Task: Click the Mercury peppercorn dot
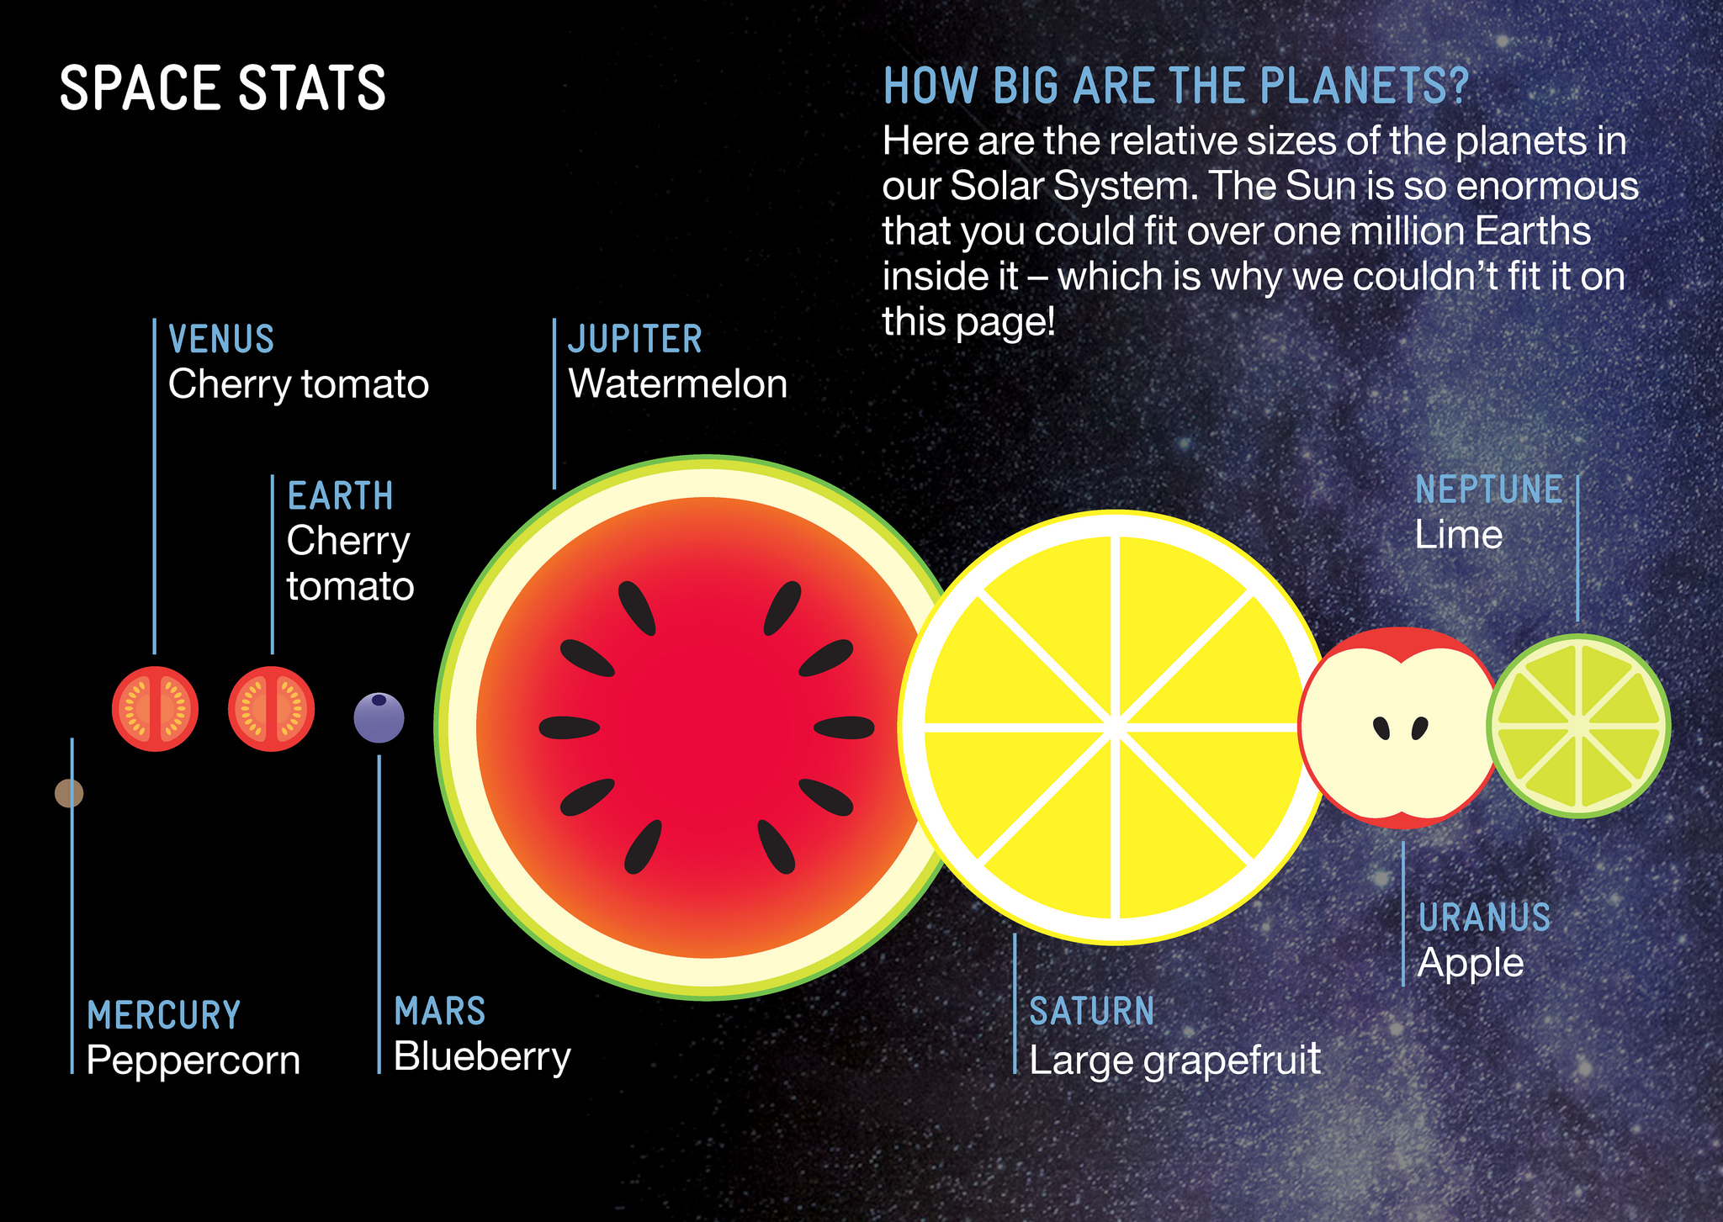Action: (69, 793)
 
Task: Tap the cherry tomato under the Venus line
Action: (155, 709)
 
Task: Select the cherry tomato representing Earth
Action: (272, 709)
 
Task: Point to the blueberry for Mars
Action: (379, 717)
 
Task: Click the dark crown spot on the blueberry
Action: (379, 700)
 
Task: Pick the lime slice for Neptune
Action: (1578, 726)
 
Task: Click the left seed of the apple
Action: (1381, 728)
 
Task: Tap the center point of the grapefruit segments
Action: (1115, 726)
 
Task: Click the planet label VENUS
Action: (221, 340)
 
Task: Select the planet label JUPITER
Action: (635, 340)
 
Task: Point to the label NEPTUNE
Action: (1488, 489)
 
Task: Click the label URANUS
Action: (1485, 918)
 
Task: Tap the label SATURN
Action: (1092, 1011)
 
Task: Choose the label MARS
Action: (440, 1011)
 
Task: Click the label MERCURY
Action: (164, 1015)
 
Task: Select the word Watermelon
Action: (678, 384)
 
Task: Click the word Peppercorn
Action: (194, 1061)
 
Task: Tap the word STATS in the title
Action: (312, 88)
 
